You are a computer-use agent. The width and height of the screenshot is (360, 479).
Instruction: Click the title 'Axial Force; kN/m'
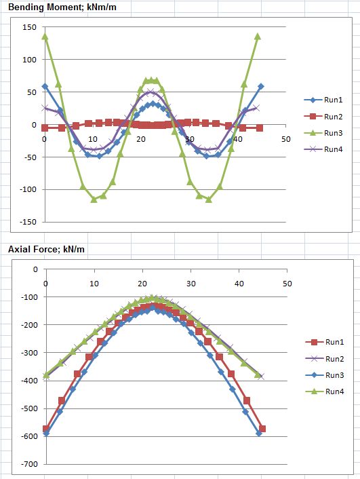tap(45, 250)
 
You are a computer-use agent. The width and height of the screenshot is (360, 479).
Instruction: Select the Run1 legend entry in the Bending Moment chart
tap(322, 100)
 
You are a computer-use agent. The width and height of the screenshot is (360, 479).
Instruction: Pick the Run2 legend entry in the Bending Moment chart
tap(322, 116)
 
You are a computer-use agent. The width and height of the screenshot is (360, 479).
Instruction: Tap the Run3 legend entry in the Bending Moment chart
tap(322, 133)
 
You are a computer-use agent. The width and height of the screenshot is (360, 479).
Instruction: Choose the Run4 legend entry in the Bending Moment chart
tap(322, 149)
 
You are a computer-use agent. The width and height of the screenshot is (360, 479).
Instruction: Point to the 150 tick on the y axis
tap(28, 27)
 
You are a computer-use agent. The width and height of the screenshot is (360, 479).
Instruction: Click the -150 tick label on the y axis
tap(26, 222)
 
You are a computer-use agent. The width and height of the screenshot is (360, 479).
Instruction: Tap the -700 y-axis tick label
tap(28, 464)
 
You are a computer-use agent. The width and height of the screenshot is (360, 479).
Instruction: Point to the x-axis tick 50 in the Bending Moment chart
tap(286, 138)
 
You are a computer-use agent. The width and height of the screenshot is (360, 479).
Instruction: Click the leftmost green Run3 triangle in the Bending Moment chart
tap(45, 37)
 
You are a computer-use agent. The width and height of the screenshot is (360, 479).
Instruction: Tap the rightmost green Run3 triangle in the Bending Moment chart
tap(258, 37)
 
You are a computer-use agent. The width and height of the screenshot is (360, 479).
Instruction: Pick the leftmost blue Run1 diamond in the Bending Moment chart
tap(45, 87)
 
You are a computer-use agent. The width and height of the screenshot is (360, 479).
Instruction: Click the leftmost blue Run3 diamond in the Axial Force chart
tap(46, 433)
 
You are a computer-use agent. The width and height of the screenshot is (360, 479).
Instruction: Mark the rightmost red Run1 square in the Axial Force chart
tap(262, 429)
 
